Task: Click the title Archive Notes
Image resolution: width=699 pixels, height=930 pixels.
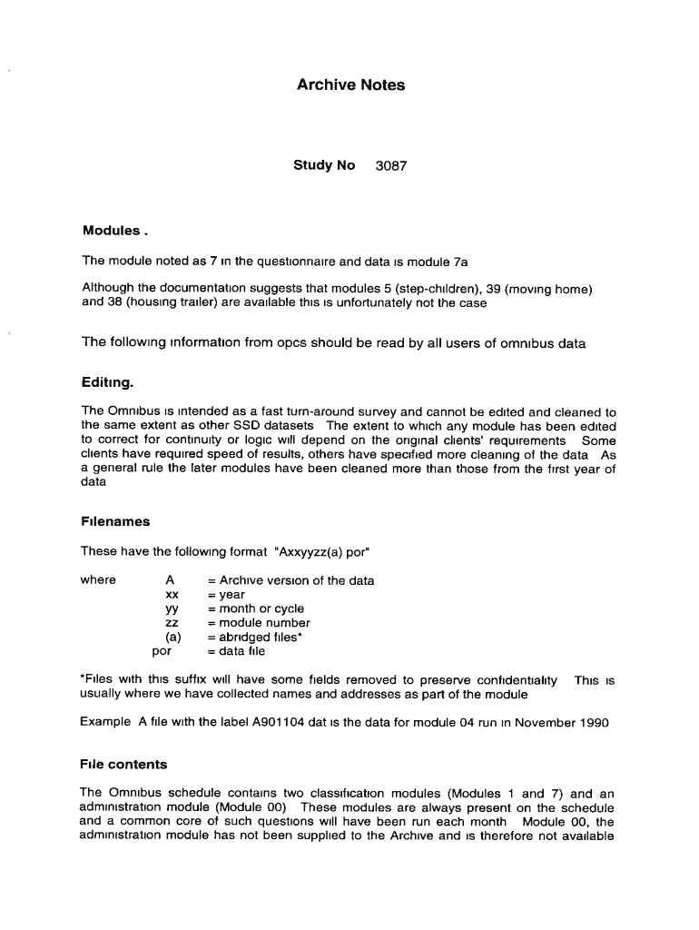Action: point(350,85)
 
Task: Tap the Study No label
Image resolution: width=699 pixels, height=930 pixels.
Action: point(323,166)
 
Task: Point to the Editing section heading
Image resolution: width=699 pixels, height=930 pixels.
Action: point(107,381)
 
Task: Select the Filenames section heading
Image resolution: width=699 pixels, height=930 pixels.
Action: point(115,521)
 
